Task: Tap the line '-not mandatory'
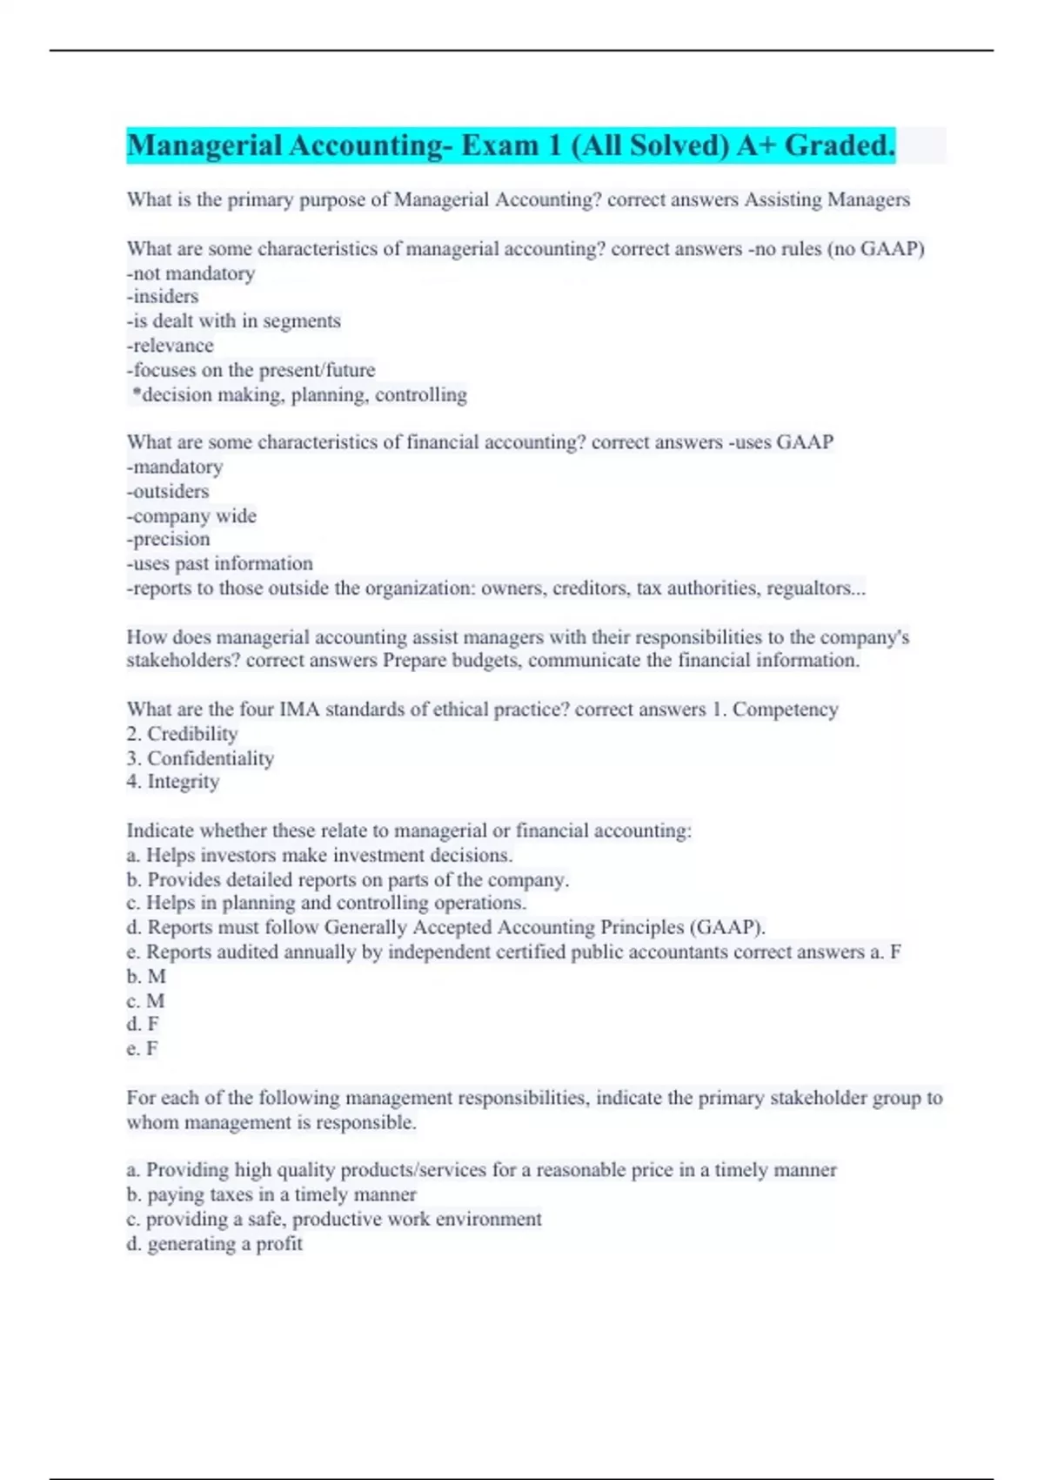point(191,273)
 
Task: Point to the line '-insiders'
point(163,297)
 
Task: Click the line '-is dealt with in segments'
point(233,321)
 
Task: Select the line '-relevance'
point(170,346)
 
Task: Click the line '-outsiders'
point(168,491)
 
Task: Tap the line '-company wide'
point(191,516)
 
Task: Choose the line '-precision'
point(168,540)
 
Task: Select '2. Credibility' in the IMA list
point(182,734)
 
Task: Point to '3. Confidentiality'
point(200,758)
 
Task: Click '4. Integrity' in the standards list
point(172,782)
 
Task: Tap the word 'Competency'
point(785,710)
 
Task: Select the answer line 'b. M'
point(145,977)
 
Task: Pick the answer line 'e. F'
point(142,1049)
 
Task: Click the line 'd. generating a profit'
point(214,1244)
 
